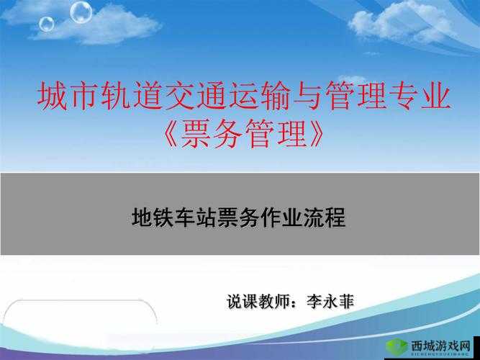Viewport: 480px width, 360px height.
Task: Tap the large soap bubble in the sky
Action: [x=81, y=12]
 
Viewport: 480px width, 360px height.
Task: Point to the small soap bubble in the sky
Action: [x=47, y=24]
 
